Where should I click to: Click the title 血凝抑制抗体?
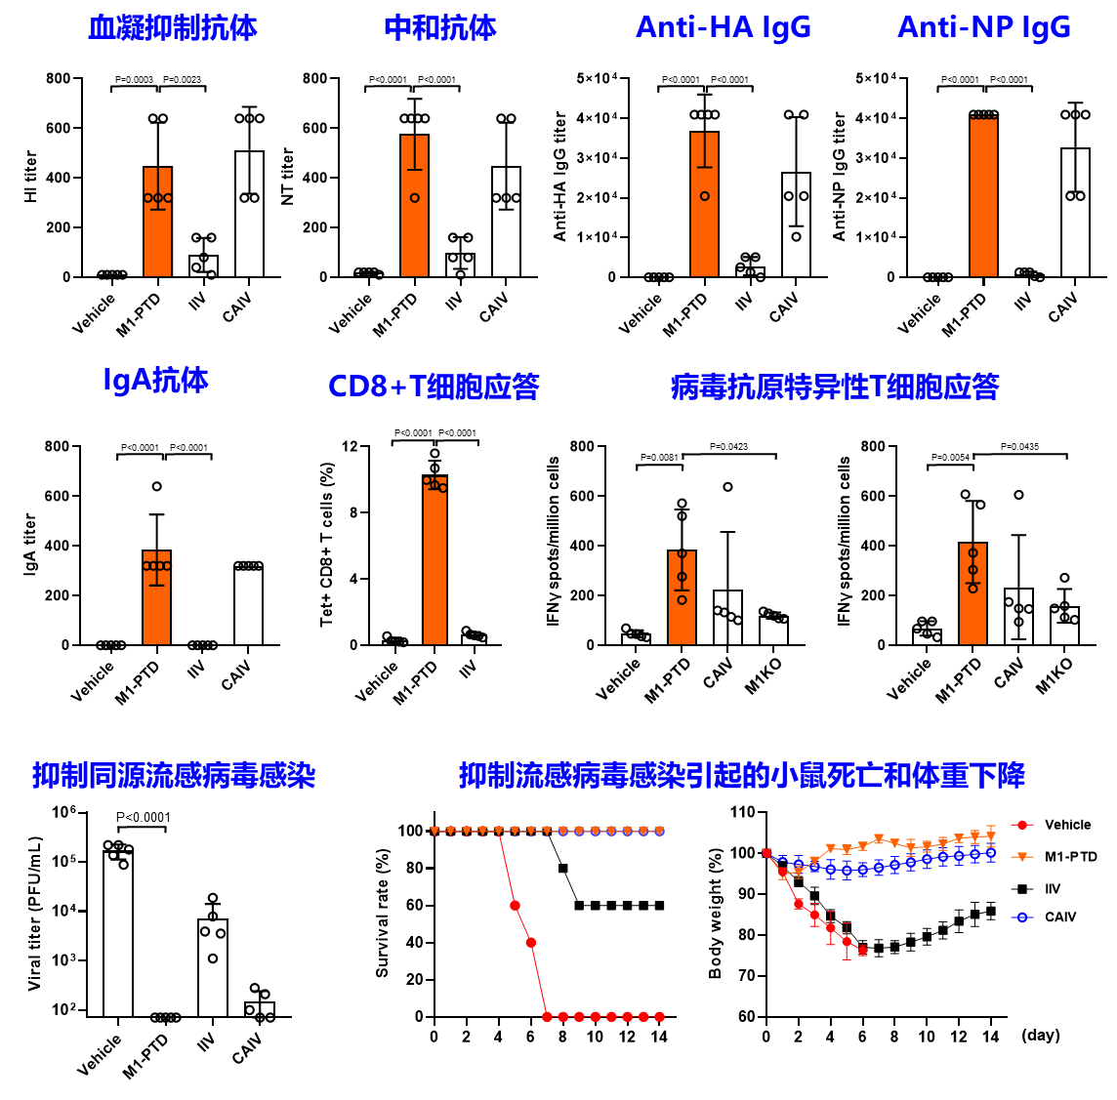click(x=173, y=28)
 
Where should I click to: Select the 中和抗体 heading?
click(x=440, y=28)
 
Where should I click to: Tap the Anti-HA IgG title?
click(x=723, y=27)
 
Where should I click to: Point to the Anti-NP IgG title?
click(x=983, y=27)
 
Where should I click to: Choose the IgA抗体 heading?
click(x=156, y=380)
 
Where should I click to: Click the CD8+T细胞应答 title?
click(x=434, y=387)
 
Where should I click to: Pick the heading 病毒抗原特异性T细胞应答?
click(x=835, y=387)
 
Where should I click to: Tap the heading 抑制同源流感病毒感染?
click(x=174, y=776)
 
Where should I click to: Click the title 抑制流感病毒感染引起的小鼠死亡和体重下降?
click(x=742, y=776)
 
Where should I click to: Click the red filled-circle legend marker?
click(x=1022, y=825)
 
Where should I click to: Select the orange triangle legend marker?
click(x=1022, y=857)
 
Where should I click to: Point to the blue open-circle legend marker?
click(x=1022, y=917)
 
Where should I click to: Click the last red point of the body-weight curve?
click(x=862, y=950)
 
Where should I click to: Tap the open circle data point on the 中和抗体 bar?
click(x=415, y=198)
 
